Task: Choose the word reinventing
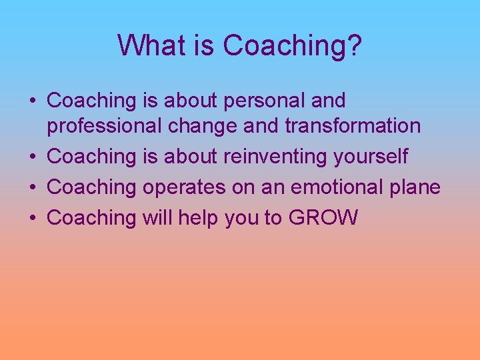click(x=277, y=157)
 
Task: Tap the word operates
click(x=184, y=187)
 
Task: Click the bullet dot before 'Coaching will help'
click(x=33, y=218)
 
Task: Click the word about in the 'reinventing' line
click(x=189, y=157)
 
